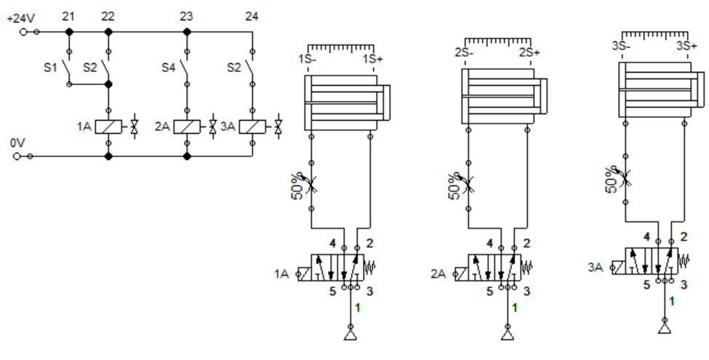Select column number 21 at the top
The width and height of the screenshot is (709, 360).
point(68,15)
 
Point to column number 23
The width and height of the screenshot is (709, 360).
point(186,15)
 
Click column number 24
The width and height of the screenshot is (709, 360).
point(252,15)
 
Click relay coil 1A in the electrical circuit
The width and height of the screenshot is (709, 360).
point(108,127)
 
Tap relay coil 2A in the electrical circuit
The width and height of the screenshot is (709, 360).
point(187,127)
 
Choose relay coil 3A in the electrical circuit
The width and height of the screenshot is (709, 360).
point(252,127)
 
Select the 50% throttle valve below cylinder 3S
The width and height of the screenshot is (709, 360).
point(626,175)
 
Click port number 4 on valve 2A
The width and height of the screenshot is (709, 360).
point(489,244)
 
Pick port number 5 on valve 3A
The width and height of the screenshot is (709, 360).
point(646,284)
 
